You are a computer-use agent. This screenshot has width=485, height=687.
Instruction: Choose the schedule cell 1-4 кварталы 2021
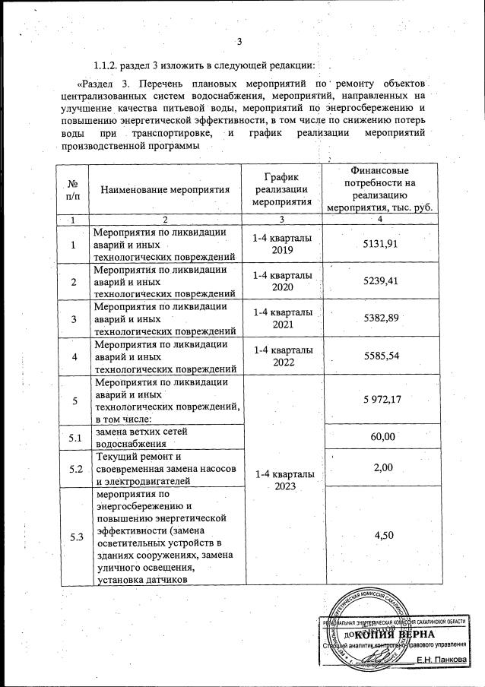[281, 318]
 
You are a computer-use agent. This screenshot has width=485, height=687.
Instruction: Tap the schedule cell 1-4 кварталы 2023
[281, 480]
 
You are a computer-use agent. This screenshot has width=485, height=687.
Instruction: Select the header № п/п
[74, 191]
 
